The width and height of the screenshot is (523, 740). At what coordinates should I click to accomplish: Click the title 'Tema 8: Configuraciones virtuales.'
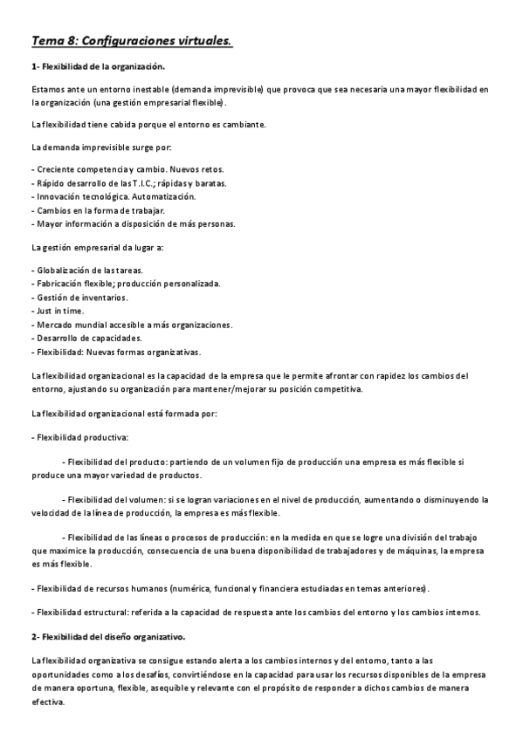click(x=132, y=40)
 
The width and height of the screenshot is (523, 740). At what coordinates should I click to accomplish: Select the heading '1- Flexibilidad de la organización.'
click(x=98, y=66)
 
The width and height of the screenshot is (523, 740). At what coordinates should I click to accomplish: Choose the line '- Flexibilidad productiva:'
click(x=79, y=435)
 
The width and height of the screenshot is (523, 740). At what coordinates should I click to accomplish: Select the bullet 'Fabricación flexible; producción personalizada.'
click(x=127, y=284)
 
